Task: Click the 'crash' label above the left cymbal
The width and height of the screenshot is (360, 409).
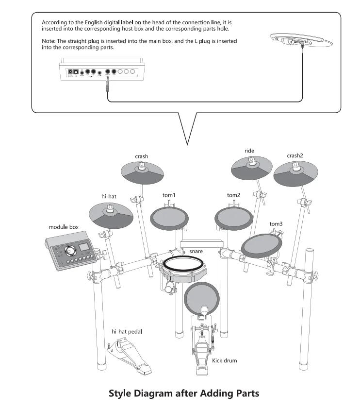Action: click(142, 156)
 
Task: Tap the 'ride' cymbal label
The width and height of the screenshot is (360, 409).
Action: click(249, 151)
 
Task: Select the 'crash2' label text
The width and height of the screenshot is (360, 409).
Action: click(295, 156)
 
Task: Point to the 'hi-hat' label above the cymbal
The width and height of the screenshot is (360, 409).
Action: click(109, 196)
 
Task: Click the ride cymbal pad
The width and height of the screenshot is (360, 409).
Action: click(251, 170)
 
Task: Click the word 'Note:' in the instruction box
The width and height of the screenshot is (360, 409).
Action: click(49, 41)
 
